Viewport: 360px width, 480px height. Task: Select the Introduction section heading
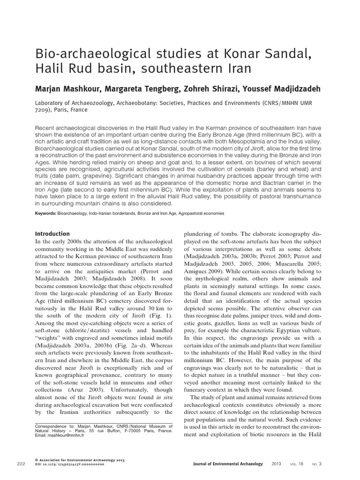(x=52, y=234)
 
